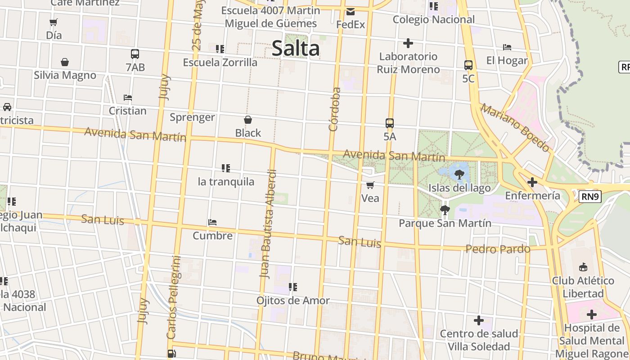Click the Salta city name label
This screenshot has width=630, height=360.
click(x=296, y=48)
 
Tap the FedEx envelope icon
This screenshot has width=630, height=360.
click(x=351, y=12)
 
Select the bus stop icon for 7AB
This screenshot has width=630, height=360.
click(x=135, y=54)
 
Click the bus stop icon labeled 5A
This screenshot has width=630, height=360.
click(x=390, y=123)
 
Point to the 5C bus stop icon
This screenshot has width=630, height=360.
click(x=468, y=65)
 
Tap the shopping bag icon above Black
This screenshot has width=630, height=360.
click(x=248, y=120)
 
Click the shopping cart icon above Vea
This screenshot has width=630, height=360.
click(x=370, y=185)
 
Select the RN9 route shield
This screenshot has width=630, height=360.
click(x=590, y=197)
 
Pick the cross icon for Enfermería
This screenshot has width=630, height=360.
click(x=532, y=182)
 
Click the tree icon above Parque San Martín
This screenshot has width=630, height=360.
click(x=445, y=210)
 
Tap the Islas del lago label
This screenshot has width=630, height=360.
click(x=459, y=188)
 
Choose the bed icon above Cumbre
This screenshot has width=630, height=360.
click(x=212, y=222)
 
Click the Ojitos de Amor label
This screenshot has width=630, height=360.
click(x=293, y=300)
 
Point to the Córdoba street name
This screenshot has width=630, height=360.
click(x=334, y=109)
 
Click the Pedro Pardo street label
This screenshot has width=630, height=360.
click(x=498, y=249)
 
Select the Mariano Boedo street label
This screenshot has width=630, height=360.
click(x=515, y=128)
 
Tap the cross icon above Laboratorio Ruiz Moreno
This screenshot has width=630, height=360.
click(x=408, y=43)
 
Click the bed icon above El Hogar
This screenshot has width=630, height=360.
click(x=507, y=47)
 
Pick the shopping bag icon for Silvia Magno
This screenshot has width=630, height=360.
click(x=65, y=62)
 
